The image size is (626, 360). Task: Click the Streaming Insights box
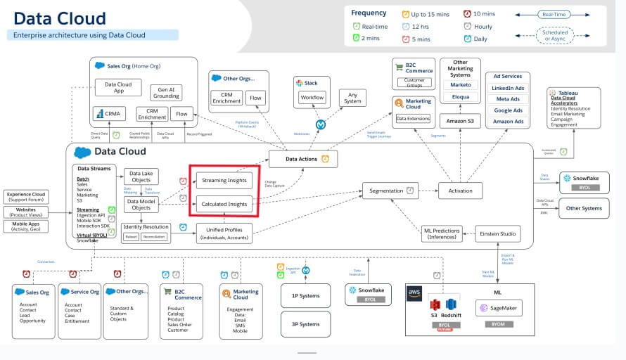tap(223, 180)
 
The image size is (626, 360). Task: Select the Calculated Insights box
tap(223, 204)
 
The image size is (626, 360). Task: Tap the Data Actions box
tap(302, 160)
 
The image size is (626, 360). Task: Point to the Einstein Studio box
tap(498, 233)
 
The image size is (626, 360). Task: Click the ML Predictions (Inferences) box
tap(442, 233)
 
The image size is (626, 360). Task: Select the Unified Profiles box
tap(224, 233)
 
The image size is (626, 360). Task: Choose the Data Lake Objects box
tap(141, 176)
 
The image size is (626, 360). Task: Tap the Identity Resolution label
tap(146, 226)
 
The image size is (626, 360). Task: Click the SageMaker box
tap(499, 307)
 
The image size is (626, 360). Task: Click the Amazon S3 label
tap(460, 122)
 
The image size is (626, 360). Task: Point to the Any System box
tap(352, 97)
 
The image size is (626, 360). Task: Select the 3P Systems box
tap(305, 324)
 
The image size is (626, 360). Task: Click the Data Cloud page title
tap(60, 18)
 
